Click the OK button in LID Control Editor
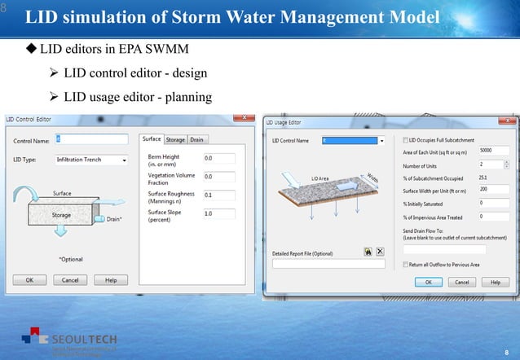[29, 279]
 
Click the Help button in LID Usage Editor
[490, 282]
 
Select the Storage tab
[174, 139]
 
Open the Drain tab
[197, 139]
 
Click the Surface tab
[152, 139]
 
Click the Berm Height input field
[218, 158]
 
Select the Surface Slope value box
[218, 213]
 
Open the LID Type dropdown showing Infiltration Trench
[91, 160]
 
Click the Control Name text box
[91, 140]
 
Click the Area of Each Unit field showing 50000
[495, 151]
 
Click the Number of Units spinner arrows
[508, 164]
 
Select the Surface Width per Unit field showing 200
[495, 189]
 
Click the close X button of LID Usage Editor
[510, 122]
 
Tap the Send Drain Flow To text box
[444, 249]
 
